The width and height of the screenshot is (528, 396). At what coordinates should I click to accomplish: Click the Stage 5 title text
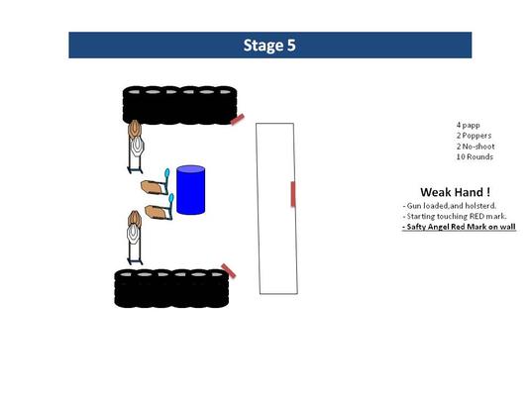pos(269,46)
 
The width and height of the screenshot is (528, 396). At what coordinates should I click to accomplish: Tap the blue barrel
pos(190,190)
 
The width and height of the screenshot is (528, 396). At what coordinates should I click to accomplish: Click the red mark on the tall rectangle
pos(293,194)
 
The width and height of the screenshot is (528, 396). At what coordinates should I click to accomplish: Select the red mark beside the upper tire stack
pos(238,119)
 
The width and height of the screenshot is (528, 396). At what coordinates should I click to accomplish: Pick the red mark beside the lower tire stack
pos(228,271)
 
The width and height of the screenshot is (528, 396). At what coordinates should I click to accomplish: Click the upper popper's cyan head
pos(166,173)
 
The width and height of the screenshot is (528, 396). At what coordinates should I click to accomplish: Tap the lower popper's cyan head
pos(171,197)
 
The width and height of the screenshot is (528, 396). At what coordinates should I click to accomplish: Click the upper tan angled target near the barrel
pos(153,187)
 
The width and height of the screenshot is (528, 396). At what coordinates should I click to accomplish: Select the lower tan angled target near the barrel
pos(157,212)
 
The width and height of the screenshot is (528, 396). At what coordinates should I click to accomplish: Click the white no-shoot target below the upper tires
pos(137,148)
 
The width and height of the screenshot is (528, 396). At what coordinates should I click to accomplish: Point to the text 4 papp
pos(468,125)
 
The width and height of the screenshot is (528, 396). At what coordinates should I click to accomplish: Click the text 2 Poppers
pos(474,136)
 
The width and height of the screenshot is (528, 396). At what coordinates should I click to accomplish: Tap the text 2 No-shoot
pos(475,147)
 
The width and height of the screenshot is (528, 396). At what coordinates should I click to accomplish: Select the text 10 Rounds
pos(475,156)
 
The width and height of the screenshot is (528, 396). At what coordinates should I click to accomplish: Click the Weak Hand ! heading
pos(455,192)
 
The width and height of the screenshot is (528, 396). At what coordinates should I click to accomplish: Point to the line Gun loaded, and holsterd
pos(449,206)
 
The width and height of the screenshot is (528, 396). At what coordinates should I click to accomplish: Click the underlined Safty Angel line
pos(459,227)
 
